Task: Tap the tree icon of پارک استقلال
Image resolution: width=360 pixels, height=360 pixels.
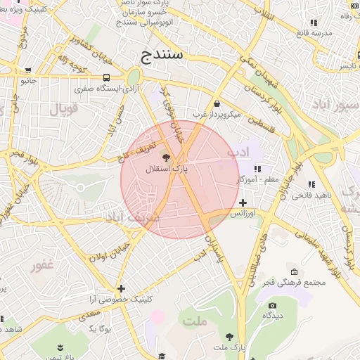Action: tap(167, 157)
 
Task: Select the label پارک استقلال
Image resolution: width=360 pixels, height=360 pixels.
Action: tap(167, 169)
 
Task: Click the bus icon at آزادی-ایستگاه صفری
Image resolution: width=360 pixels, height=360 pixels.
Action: tap(106, 77)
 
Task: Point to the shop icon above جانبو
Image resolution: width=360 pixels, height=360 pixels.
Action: tap(28, 70)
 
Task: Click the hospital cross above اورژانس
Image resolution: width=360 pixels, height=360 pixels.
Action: tap(243, 202)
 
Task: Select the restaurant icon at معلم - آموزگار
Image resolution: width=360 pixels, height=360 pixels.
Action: tap(257, 169)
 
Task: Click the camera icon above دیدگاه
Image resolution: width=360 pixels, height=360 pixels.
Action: tap(272, 305)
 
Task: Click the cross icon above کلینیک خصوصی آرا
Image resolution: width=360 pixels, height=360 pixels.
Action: tap(122, 288)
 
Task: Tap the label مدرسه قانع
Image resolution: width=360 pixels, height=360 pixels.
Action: tap(313, 33)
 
